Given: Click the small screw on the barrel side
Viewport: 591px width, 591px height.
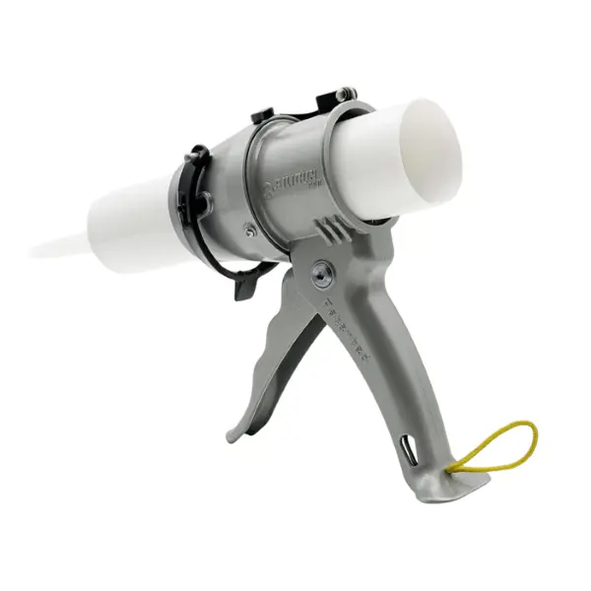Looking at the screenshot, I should click(x=251, y=230).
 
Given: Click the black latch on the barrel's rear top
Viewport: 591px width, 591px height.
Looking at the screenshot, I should click(x=333, y=99).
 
